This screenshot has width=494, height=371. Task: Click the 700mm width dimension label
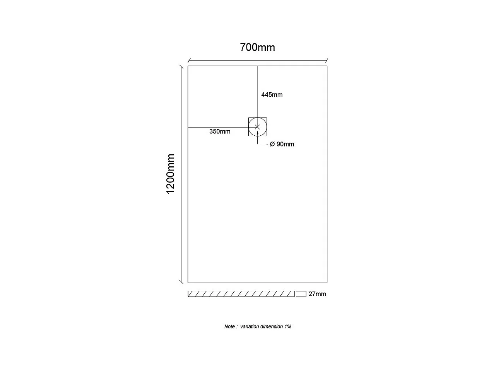[x=257, y=47]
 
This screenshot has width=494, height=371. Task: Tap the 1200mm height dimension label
[x=171, y=174]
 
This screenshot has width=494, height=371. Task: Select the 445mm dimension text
[x=272, y=95]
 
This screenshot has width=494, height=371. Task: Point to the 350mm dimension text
[x=220, y=131]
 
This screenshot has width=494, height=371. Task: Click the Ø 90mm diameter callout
[x=282, y=144]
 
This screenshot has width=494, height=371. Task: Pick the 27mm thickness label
[x=317, y=294]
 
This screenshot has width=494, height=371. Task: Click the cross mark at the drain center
[x=258, y=127]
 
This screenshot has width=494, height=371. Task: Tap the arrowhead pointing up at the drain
[x=258, y=133]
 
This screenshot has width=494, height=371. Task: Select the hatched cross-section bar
[x=241, y=294]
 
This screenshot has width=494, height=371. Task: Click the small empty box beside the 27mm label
[x=301, y=294]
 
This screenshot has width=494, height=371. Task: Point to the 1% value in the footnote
[x=288, y=326]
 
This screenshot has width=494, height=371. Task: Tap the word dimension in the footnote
[x=272, y=326]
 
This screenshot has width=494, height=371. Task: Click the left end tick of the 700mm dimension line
[x=188, y=60]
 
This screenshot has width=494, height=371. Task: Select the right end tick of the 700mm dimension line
[x=327, y=60]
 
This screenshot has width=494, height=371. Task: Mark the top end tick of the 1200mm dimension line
[x=181, y=66]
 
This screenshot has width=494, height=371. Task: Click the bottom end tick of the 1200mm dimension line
[x=181, y=282]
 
